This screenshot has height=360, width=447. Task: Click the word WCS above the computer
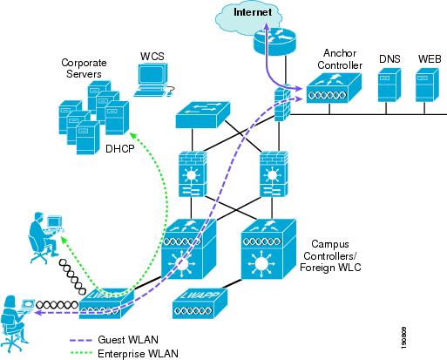[152, 57]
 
